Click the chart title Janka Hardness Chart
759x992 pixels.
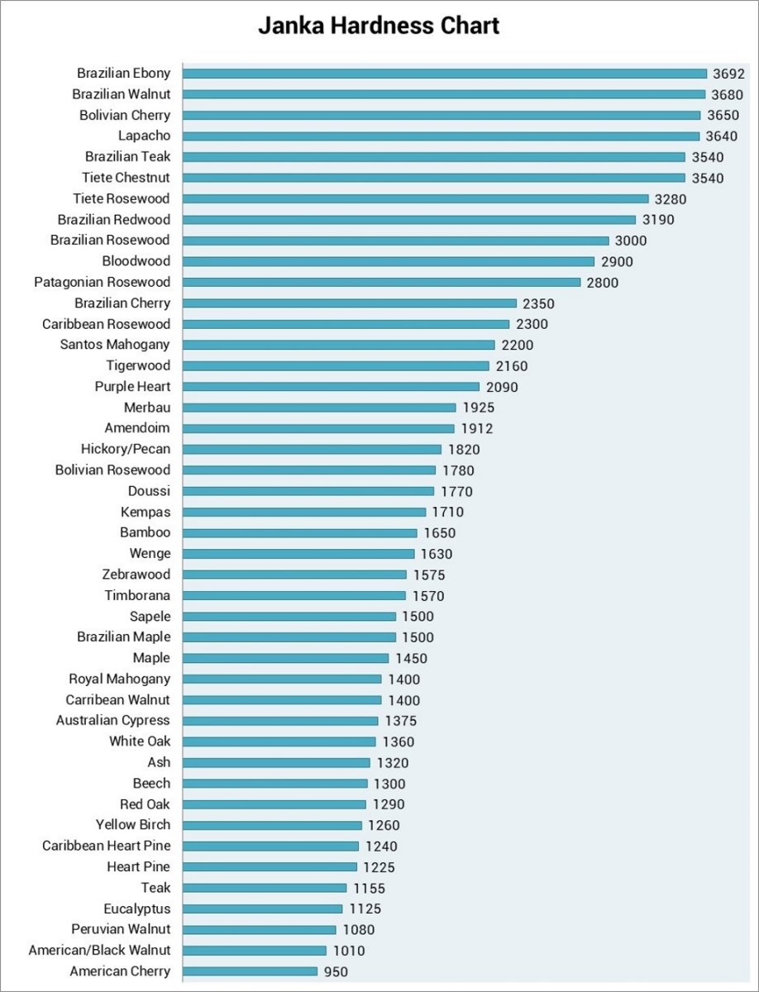click(x=379, y=26)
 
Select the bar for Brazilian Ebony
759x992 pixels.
click(x=445, y=74)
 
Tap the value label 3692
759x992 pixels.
click(x=730, y=74)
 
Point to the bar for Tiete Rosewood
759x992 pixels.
click(x=415, y=198)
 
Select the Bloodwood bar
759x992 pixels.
click(x=389, y=261)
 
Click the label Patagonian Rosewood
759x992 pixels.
click(x=102, y=282)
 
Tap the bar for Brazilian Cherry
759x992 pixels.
click(x=350, y=303)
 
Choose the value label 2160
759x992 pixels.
click(x=512, y=366)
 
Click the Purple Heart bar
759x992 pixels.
click(x=331, y=387)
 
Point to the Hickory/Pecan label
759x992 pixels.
click(x=126, y=449)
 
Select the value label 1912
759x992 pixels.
click(x=477, y=428)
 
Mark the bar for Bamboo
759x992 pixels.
click(x=300, y=533)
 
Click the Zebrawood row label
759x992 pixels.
click(x=136, y=575)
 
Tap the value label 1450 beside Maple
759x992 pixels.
click(x=411, y=658)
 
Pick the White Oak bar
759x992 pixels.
click(x=279, y=742)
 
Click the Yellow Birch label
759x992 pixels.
click(x=133, y=824)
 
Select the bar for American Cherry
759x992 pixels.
click(x=250, y=971)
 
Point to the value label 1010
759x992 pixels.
click(x=348, y=951)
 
